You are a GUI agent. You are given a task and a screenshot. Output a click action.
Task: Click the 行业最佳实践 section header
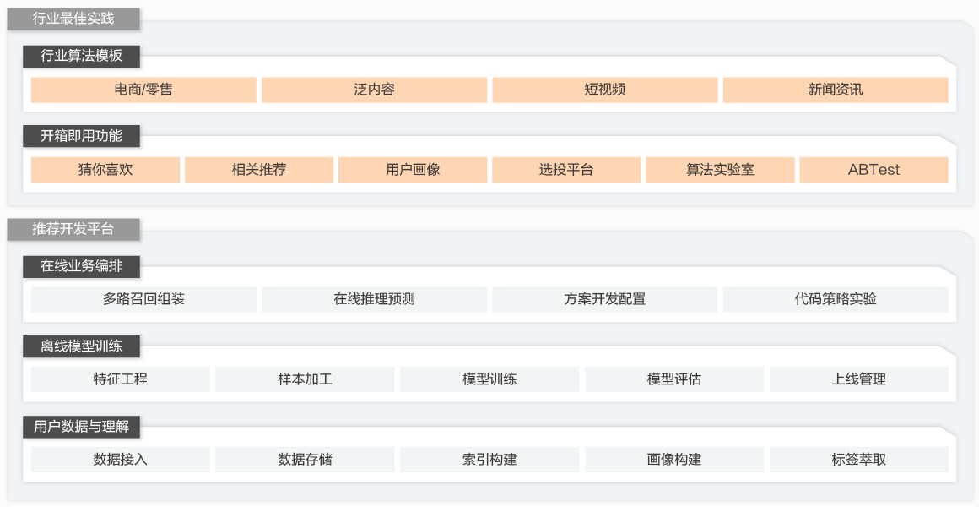[73, 19]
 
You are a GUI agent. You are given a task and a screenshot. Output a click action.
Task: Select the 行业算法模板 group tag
[81, 56]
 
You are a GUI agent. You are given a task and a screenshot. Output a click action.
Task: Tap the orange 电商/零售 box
[143, 90]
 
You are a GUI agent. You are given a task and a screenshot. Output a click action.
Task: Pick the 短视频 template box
[604, 90]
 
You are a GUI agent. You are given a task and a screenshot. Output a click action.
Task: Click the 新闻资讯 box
[836, 90]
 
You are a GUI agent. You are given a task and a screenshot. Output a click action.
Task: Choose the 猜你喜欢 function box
[105, 170]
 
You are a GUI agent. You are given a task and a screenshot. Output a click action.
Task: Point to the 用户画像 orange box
[413, 170]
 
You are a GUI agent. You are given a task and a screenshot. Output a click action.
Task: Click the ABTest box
[874, 170]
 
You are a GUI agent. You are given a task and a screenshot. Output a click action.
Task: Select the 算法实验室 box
[720, 170]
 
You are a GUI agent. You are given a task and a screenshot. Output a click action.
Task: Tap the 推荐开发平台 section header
[73, 229]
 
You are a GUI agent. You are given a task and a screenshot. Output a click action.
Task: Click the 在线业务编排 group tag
[81, 266]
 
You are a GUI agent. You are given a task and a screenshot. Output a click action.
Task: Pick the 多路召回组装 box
[143, 299]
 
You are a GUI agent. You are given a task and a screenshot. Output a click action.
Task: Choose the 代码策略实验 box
[836, 299]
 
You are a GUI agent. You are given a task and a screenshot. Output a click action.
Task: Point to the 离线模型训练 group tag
[81, 346]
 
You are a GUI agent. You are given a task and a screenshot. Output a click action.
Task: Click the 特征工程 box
[121, 379]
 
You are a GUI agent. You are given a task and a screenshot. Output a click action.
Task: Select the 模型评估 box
[673, 379]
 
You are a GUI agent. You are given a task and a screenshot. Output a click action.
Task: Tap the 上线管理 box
[858, 379]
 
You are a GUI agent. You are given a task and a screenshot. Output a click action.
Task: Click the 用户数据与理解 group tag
[81, 427]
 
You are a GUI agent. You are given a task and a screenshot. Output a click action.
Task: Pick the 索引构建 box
[489, 460]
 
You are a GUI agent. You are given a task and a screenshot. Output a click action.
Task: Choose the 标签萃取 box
[858, 460]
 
